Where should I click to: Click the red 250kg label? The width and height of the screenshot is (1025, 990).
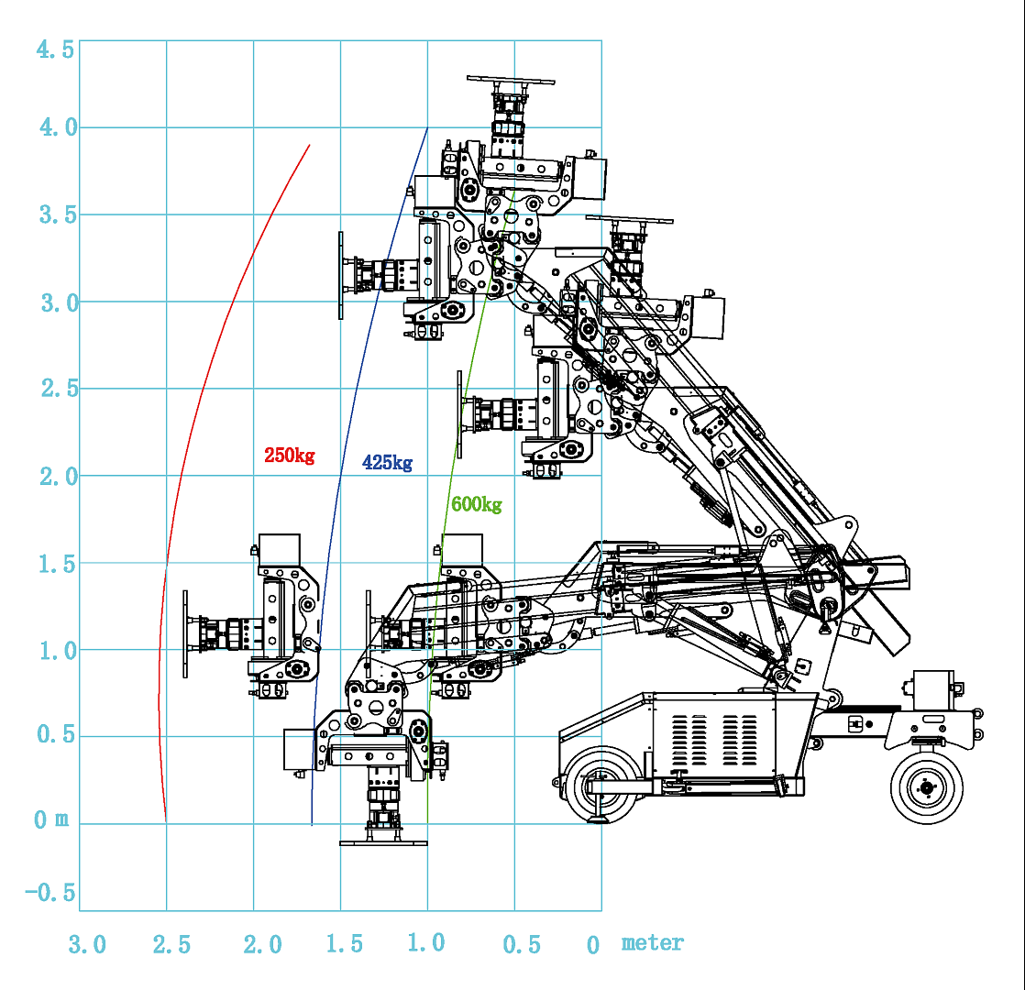click(289, 455)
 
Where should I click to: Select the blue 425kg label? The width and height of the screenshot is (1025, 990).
click(387, 463)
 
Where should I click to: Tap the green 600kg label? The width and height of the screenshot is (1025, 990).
click(476, 504)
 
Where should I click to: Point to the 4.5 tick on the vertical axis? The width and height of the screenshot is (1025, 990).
click(54, 49)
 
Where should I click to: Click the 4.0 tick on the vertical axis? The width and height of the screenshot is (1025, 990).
click(54, 127)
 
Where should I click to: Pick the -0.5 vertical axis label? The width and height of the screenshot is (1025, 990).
click(50, 894)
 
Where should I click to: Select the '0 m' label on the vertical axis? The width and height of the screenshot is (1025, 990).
click(51, 820)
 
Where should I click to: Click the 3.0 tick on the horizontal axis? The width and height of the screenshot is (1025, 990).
click(86, 944)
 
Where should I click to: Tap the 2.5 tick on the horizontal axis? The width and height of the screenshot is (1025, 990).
click(171, 944)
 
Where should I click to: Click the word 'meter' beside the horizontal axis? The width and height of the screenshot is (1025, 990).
click(652, 942)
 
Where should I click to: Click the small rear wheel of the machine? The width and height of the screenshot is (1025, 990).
click(926, 786)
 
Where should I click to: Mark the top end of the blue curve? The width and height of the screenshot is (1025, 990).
click(427, 127)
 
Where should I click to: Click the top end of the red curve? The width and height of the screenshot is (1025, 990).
click(310, 145)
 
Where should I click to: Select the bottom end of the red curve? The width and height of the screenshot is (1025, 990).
click(166, 820)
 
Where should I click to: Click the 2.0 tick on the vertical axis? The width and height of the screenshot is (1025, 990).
click(54, 476)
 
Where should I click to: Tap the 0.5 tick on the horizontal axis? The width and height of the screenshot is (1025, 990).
click(522, 944)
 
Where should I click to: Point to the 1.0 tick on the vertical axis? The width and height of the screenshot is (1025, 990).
click(54, 650)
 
